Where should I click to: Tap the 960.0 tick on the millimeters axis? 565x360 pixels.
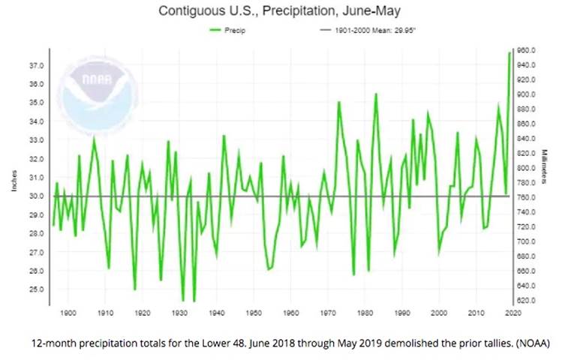524,50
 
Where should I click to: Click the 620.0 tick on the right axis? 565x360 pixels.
524,300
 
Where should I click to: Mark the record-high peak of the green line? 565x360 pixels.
509,52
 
